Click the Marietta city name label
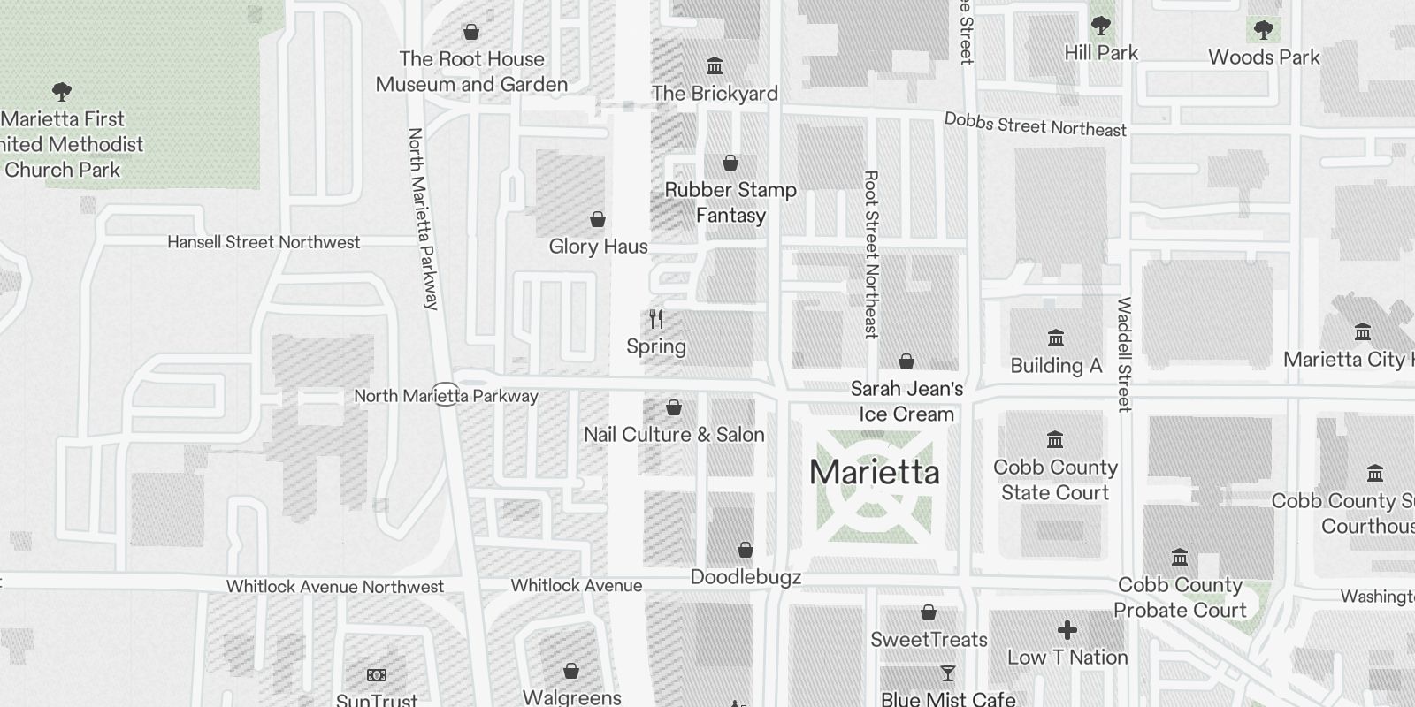pyautogui.click(x=874, y=472)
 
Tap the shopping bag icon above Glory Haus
pyautogui.click(x=598, y=219)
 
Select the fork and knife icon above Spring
pyautogui.click(x=656, y=319)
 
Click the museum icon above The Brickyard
pyautogui.click(x=715, y=66)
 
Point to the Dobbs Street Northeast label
pyautogui.click(x=1035, y=125)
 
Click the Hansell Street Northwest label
pyautogui.click(x=264, y=242)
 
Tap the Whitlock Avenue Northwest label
pyautogui.click(x=334, y=586)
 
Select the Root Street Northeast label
pyautogui.click(x=871, y=255)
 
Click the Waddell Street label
pyautogui.click(x=1124, y=353)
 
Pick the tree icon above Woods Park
pyautogui.click(x=1264, y=30)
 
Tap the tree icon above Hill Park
pyautogui.click(x=1101, y=26)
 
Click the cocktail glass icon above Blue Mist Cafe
pyautogui.click(x=947, y=674)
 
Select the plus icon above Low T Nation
pyautogui.click(x=1067, y=630)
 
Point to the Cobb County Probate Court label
pyautogui.click(x=1180, y=597)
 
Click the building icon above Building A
pyautogui.click(x=1055, y=338)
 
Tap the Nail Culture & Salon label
pyautogui.click(x=674, y=434)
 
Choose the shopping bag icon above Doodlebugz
pyautogui.click(x=746, y=550)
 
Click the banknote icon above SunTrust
pyautogui.click(x=377, y=675)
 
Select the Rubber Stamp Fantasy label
pyautogui.click(x=730, y=202)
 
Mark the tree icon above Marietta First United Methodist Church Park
pyautogui.click(x=62, y=91)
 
